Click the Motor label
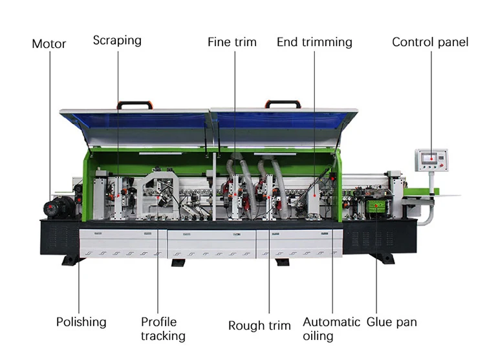[x=49, y=44]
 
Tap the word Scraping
[x=117, y=40]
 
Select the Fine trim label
[x=232, y=42]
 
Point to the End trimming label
[x=314, y=42]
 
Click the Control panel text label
[x=430, y=42]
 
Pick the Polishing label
[x=81, y=321]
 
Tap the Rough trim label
[x=259, y=325]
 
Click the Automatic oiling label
[x=331, y=328]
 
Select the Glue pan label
[x=392, y=321]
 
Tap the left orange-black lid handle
[x=134, y=105]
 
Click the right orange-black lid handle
[x=283, y=104]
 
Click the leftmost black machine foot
[x=72, y=260]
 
